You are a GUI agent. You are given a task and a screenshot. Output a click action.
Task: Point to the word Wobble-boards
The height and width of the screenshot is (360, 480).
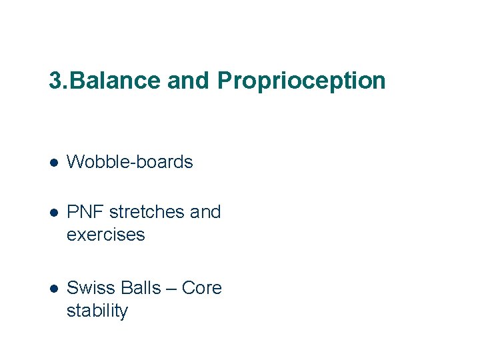point(130,162)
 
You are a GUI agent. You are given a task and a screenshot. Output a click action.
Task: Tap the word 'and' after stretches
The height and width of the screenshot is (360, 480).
point(205,212)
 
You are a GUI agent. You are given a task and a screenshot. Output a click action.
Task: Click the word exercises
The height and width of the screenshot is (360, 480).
point(105,235)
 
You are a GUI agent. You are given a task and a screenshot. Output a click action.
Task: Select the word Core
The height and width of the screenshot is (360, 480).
point(201,288)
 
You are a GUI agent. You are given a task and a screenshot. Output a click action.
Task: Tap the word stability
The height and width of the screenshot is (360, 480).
point(97,311)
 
